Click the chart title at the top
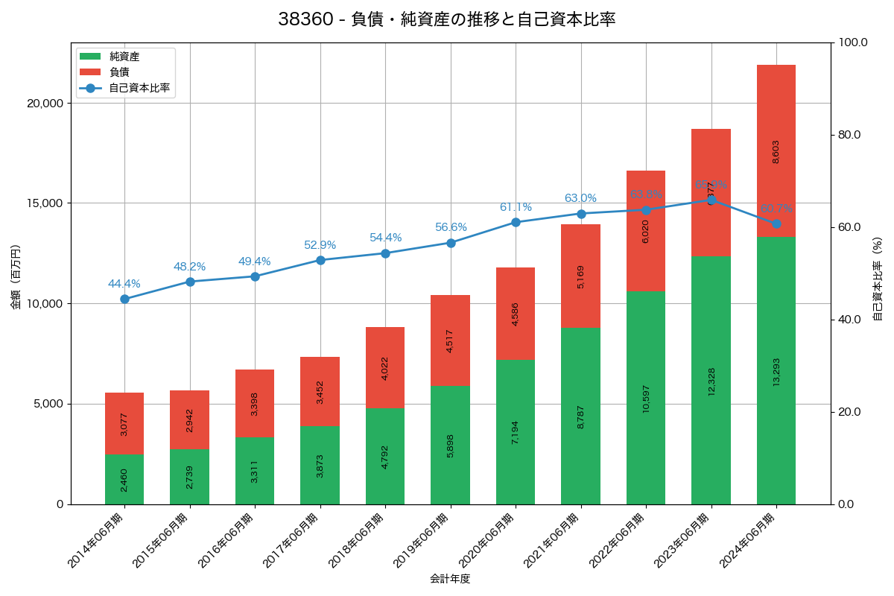[446, 19]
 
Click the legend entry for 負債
[119, 72]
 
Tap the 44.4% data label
[124, 284]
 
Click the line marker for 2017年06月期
[320, 260]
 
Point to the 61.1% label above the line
[516, 207]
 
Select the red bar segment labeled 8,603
[776, 150]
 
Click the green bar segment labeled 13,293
[776, 370]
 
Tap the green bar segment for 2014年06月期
[124, 479]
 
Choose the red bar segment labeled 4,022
[385, 367]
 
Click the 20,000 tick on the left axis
[45, 103]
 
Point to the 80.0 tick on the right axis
[849, 135]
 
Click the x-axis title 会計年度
[450, 579]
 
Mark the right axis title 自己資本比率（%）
[878, 279]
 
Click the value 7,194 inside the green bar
[516, 432]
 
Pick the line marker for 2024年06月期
[776, 223]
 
